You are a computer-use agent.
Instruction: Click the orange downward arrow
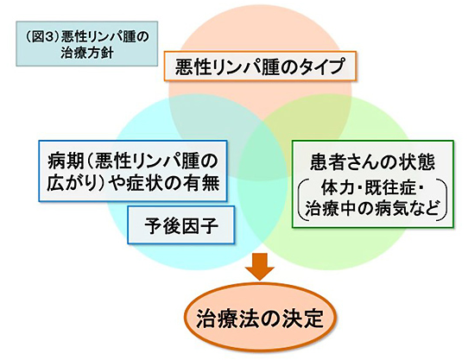(260, 267)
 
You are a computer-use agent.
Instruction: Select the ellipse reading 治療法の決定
(260, 319)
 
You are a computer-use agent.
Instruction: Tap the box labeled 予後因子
(180, 224)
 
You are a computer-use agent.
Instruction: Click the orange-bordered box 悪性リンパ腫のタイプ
(260, 66)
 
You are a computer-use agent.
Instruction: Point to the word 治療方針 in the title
(87, 54)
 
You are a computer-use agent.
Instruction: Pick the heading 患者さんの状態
(373, 161)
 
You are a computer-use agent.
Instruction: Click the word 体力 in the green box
(335, 188)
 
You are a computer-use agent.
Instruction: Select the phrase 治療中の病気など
(373, 208)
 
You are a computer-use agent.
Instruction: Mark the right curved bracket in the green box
(444, 199)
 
